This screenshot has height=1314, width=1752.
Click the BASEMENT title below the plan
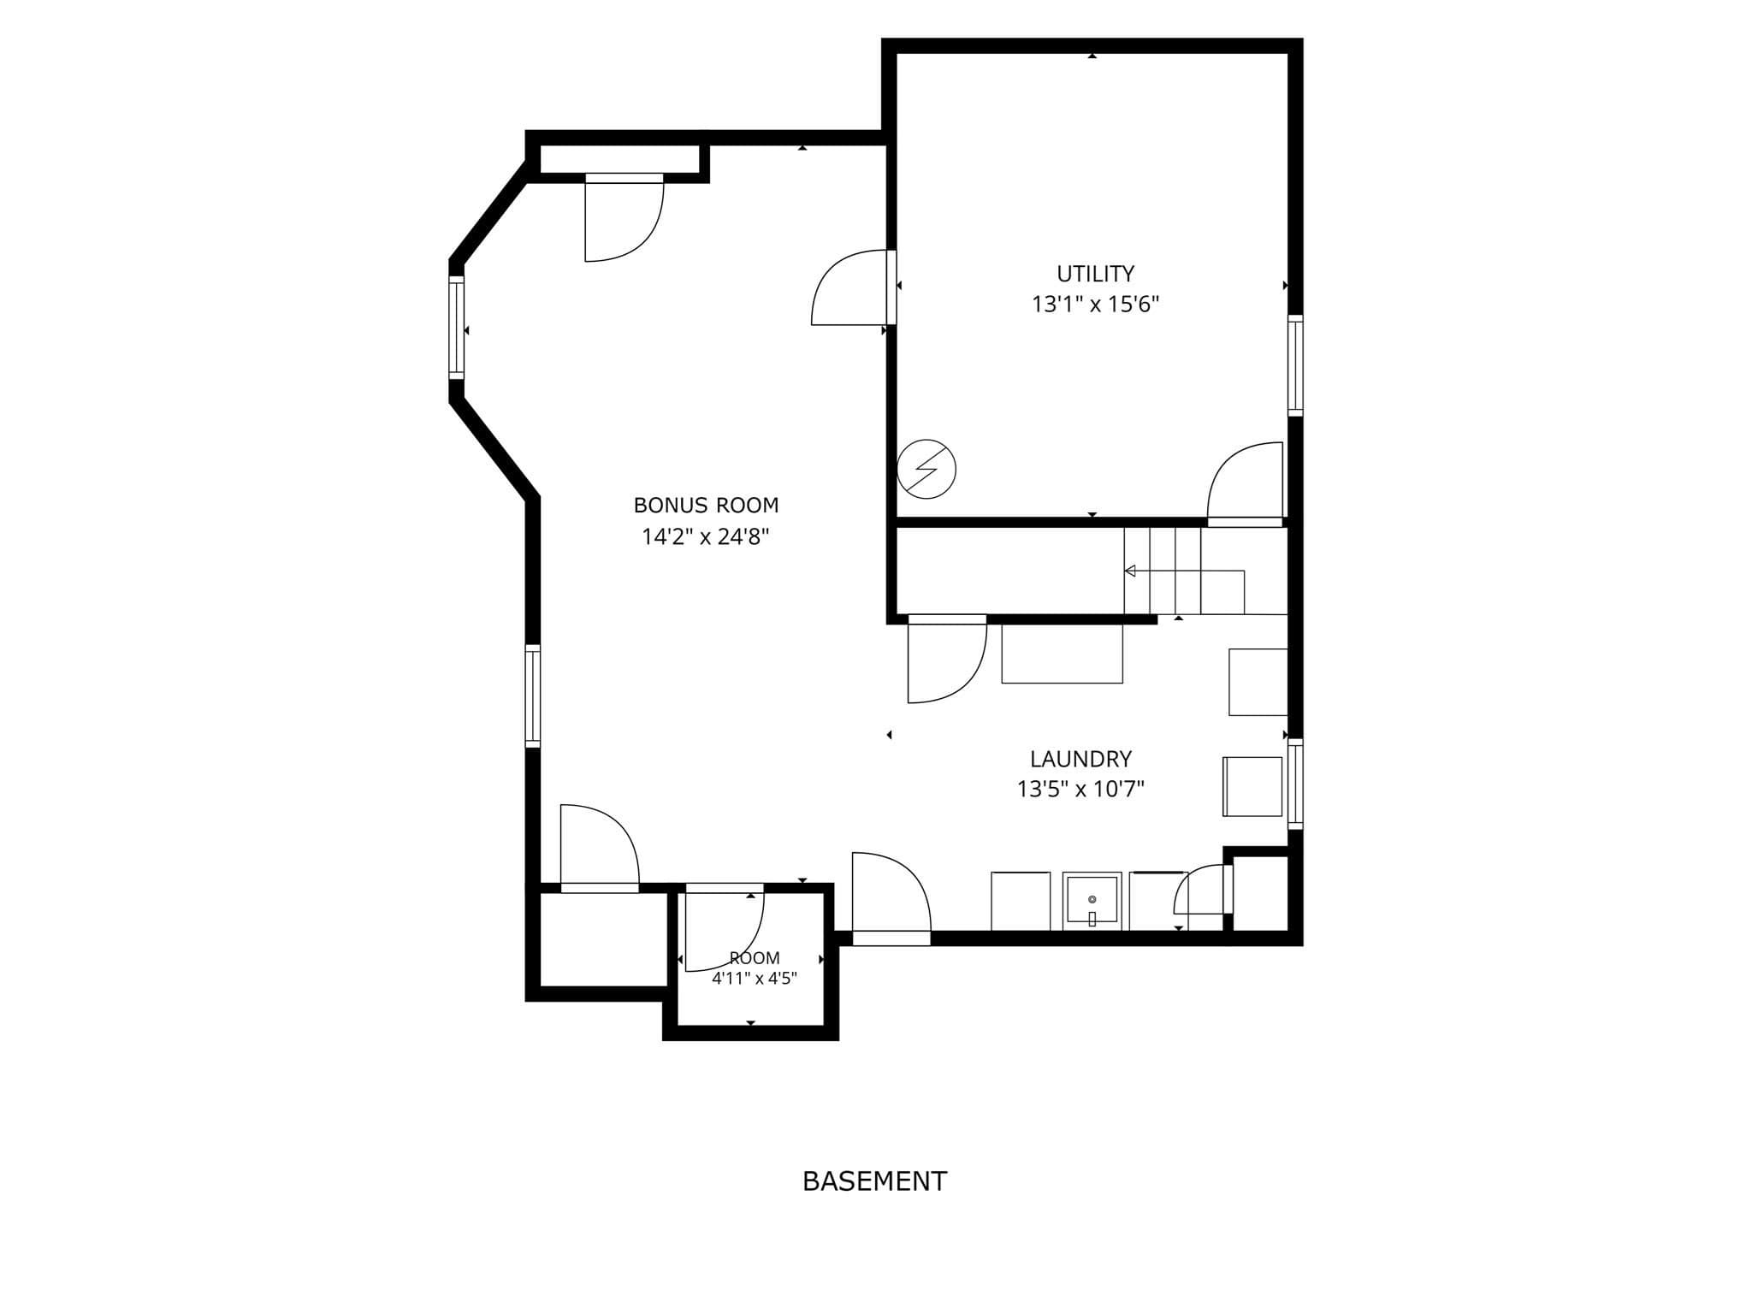tap(874, 1181)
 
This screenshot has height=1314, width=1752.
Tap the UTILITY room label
tap(1095, 274)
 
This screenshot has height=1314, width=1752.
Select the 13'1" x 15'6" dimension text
tap(1095, 305)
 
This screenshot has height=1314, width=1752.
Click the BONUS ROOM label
tap(706, 506)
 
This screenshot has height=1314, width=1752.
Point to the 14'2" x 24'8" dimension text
tap(706, 536)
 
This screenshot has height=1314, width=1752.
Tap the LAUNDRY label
tap(1080, 759)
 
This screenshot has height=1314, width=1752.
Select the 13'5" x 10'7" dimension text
tap(1080, 789)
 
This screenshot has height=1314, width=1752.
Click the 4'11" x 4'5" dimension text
tap(755, 979)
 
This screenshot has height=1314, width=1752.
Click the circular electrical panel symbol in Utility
tap(926, 469)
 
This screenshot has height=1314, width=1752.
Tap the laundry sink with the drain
tap(1092, 902)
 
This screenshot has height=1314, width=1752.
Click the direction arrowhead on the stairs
tap(1130, 571)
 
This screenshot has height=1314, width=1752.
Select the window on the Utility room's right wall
tap(1295, 365)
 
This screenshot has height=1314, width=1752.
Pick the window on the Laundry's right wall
tap(1295, 784)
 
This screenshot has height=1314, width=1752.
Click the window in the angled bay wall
tap(457, 328)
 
